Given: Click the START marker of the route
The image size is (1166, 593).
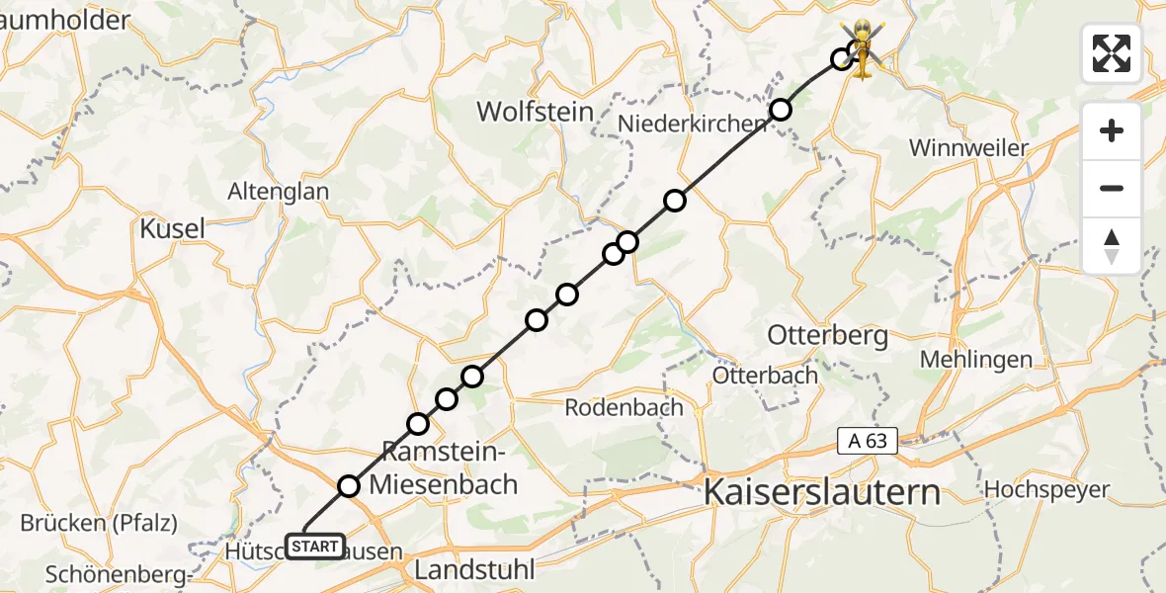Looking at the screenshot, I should [x=315, y=546].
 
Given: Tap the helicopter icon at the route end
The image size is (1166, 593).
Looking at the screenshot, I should [x=863, y=49].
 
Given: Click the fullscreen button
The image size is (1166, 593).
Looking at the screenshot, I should [x=1112, y=53].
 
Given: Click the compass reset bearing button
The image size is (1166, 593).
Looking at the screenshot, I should [x=1112, y=246].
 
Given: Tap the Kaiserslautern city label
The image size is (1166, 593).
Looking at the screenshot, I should [x=821, y=491].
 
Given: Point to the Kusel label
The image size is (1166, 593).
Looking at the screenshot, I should [x=172, y=228].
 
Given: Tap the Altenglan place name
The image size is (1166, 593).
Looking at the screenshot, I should [x=279, y=192].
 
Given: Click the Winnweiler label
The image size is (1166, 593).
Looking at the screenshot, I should [x=968, y=148].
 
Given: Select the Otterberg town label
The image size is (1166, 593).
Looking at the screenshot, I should [x=827, y=335].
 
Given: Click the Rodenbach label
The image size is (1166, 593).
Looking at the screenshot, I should [x=624, y=407].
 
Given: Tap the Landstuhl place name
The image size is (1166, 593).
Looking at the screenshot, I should [x=474, y=569].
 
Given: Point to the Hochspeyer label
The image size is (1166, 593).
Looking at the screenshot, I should [x=1046, y=489].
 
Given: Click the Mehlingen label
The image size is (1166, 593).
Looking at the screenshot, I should [x=975, y=360].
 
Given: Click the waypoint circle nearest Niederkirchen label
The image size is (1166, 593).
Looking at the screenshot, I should [x=781, y=110].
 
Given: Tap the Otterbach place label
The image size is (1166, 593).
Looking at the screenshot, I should [x=766, y=375].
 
